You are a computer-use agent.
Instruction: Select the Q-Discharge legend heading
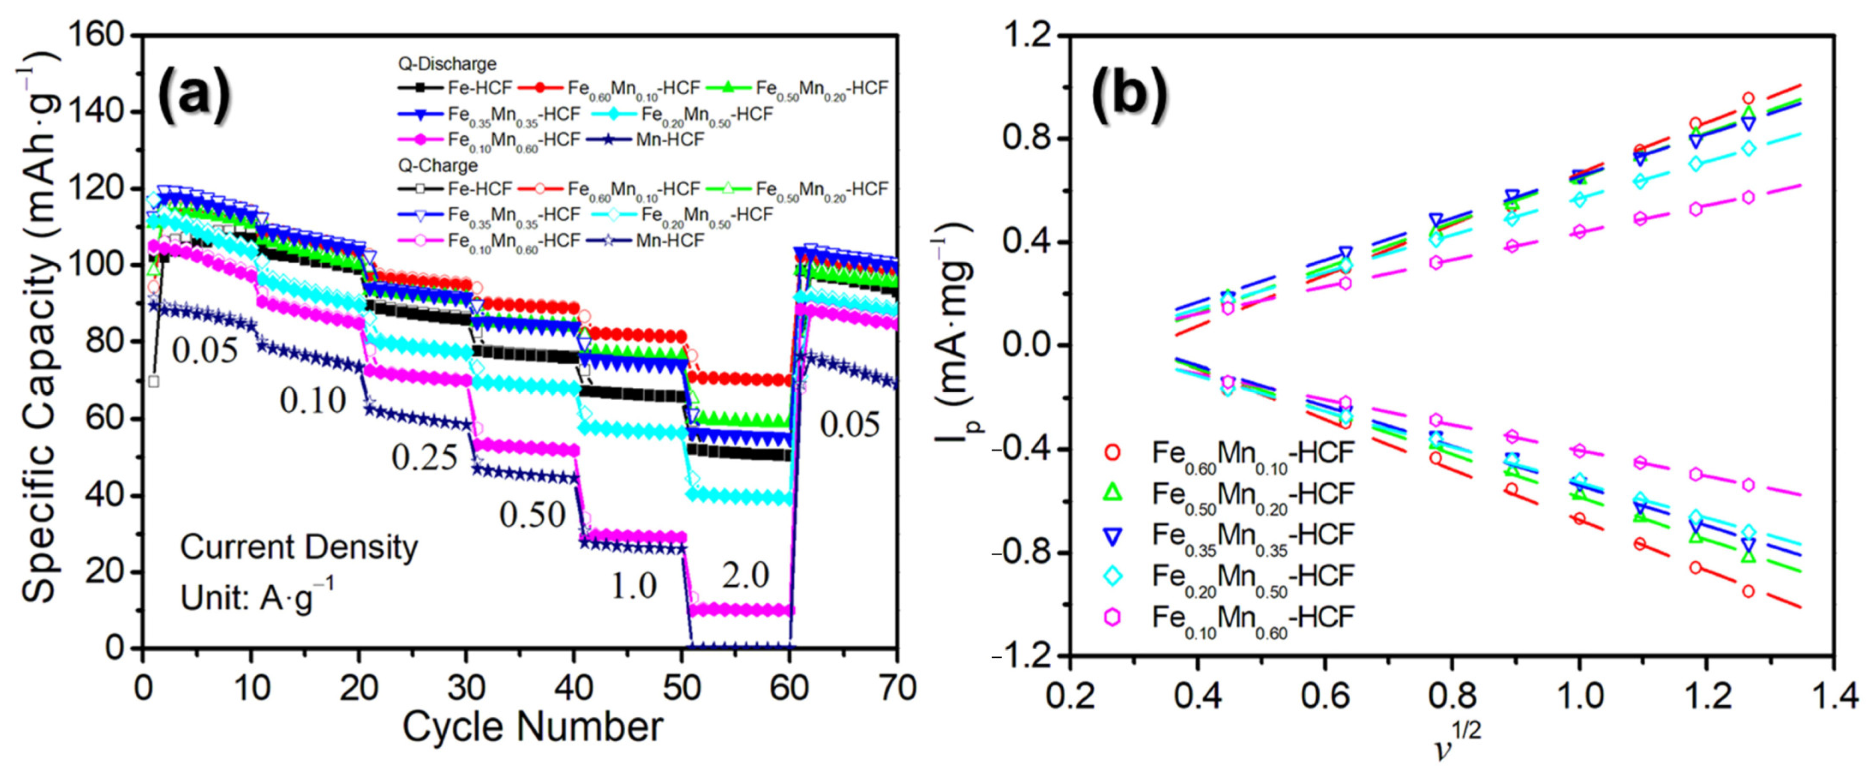447,64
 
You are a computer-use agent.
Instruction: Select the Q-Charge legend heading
437,165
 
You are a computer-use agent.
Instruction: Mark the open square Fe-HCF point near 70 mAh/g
153,381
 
